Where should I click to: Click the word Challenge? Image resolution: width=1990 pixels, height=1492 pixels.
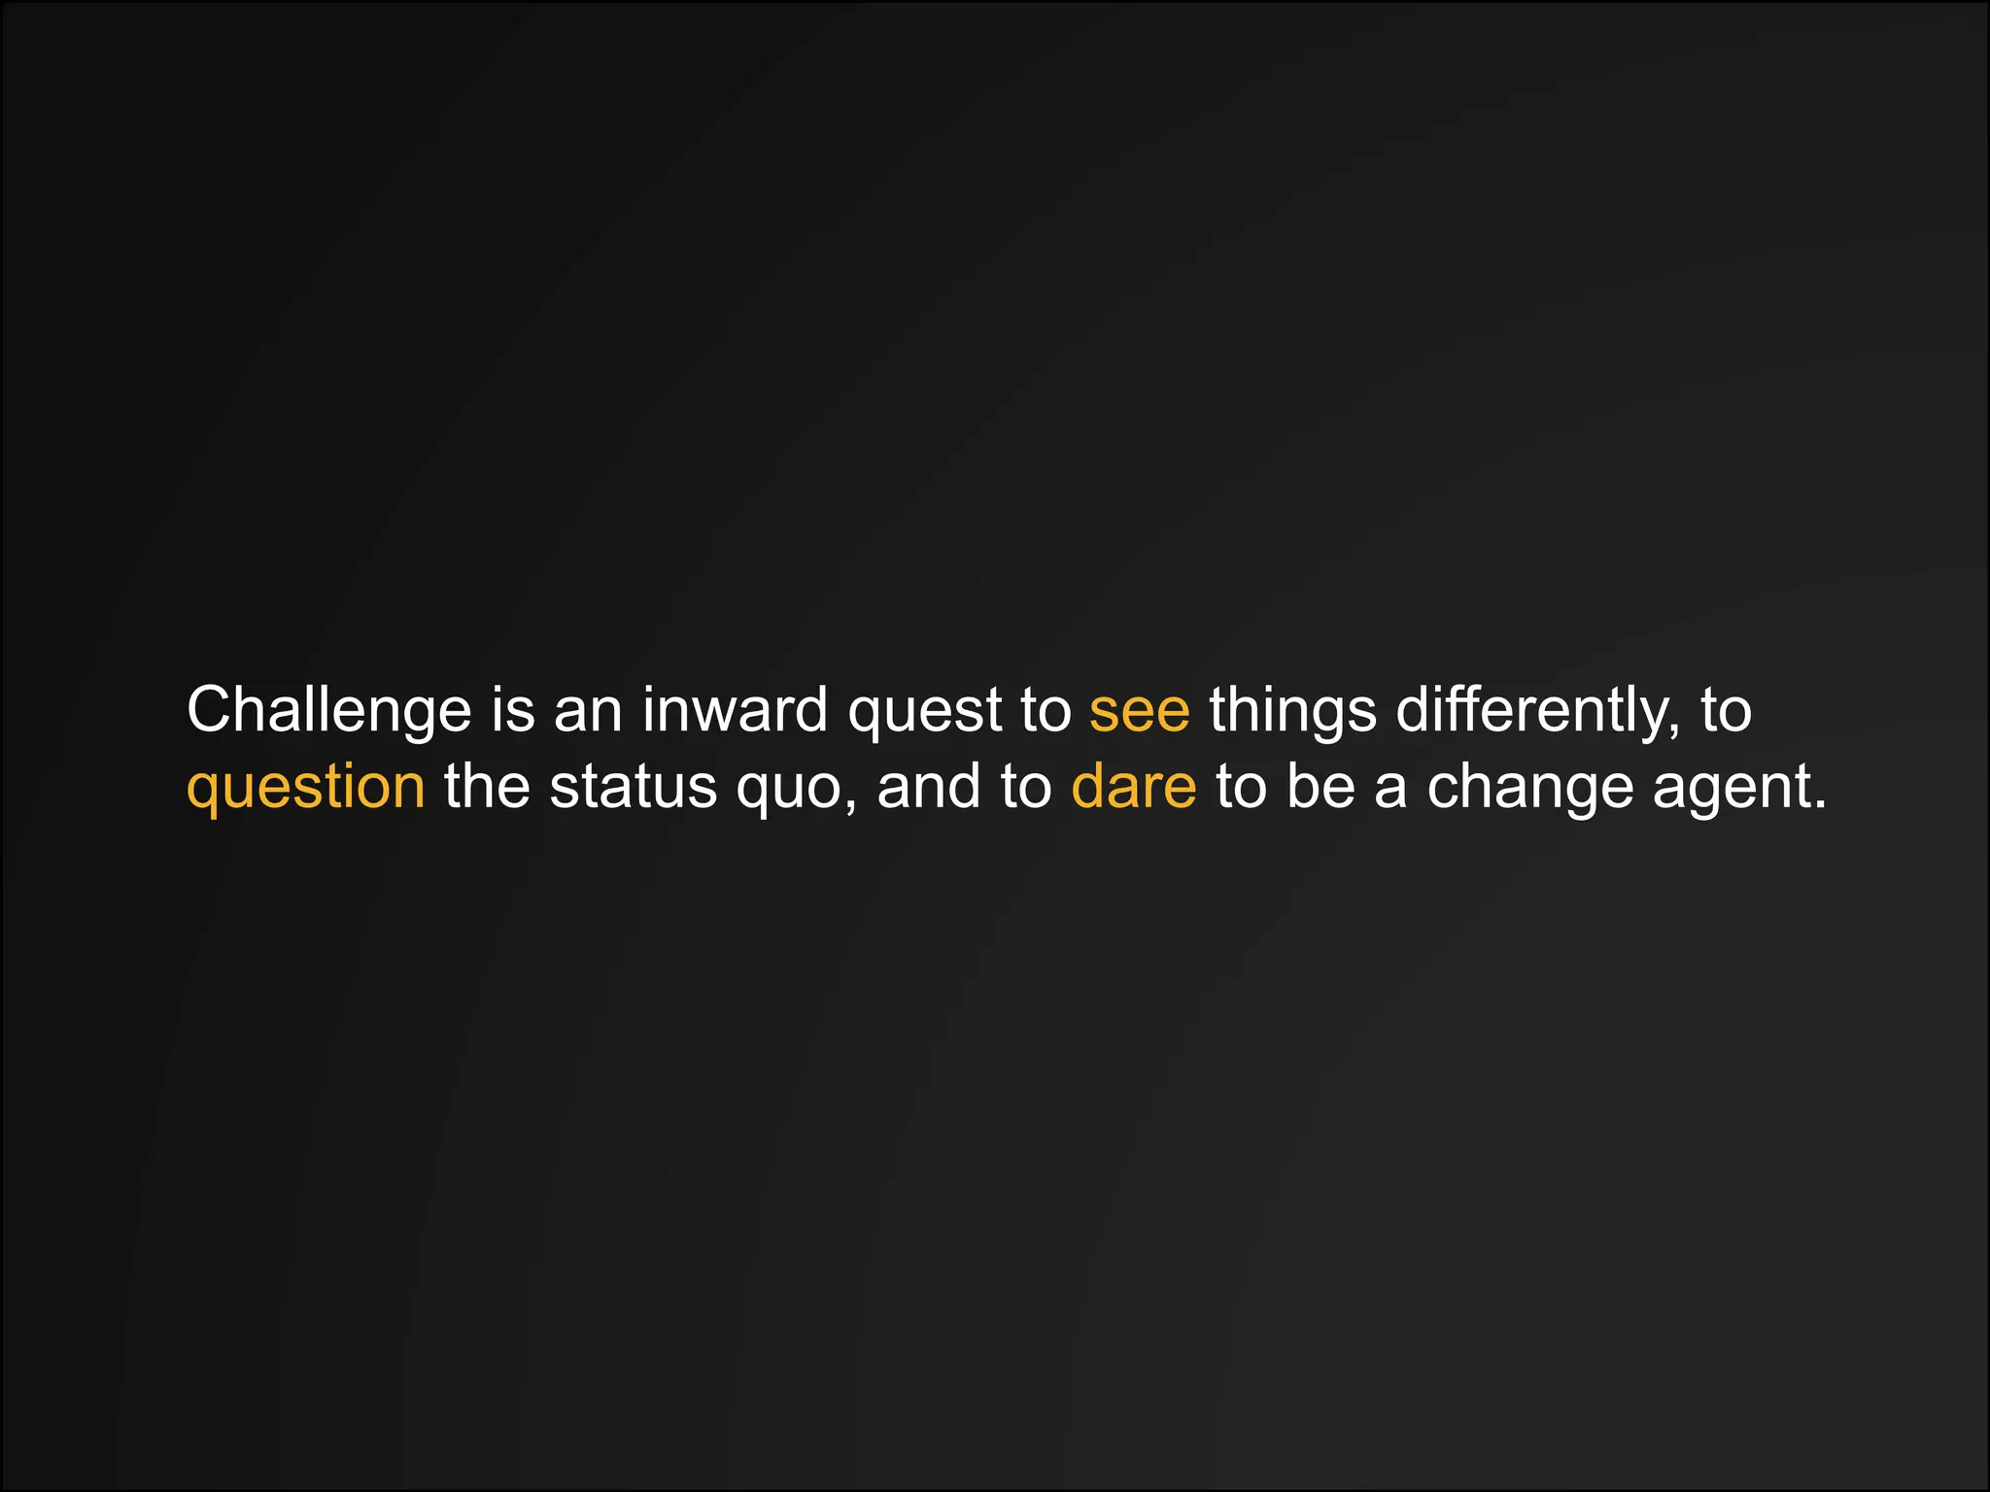point(328,710)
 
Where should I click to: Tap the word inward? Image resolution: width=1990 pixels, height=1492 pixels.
point(735,710)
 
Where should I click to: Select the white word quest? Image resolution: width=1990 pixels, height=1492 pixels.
point(924,710)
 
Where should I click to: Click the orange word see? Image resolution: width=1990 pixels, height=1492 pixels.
point(1139,710)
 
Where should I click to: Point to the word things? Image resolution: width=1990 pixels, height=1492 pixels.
point(1292,710)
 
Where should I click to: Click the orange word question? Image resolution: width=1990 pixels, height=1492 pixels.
point(305,787)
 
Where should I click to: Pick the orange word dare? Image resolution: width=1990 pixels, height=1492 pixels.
point(1133,786)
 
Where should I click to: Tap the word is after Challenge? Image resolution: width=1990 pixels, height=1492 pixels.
point(513,709)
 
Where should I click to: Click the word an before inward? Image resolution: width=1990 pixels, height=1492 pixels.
point(588,710)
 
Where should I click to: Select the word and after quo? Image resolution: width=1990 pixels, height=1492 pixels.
point(929,786)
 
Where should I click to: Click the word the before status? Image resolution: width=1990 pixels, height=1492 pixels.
point(487,786)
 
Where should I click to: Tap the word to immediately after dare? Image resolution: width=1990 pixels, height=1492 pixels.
point(1241,786)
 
